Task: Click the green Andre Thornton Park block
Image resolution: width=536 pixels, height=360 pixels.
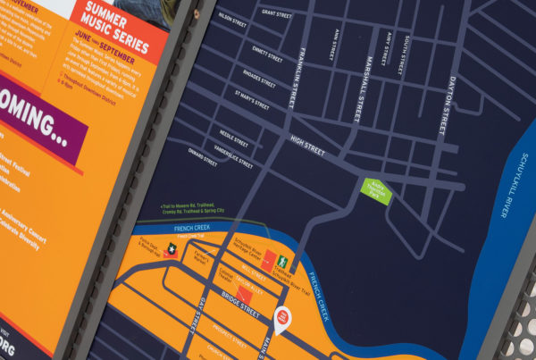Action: click(374, 188)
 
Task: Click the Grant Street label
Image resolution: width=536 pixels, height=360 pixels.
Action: click(277, 13)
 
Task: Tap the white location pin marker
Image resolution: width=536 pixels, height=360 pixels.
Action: click(282, 318)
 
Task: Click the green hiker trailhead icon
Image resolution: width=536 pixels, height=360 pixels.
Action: click(282, 262)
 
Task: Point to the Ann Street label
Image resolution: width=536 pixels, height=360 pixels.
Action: click(335, 45)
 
